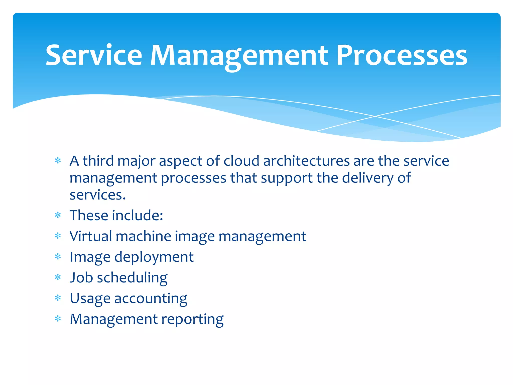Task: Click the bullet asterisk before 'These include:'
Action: [x=58, y=215]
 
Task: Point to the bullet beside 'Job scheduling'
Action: [x=58, y=277]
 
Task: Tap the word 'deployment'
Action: [x=154, y=257]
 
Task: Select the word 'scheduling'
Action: [x=132, y=278]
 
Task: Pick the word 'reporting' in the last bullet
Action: [x=192, y=320]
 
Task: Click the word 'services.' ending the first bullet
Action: [x=97, y=195]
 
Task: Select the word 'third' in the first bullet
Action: [x=98, y=161]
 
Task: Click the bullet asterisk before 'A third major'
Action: [x=58, y=161]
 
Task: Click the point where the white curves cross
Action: [x=375, y=116]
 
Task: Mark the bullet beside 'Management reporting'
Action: [x=58, y=319]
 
